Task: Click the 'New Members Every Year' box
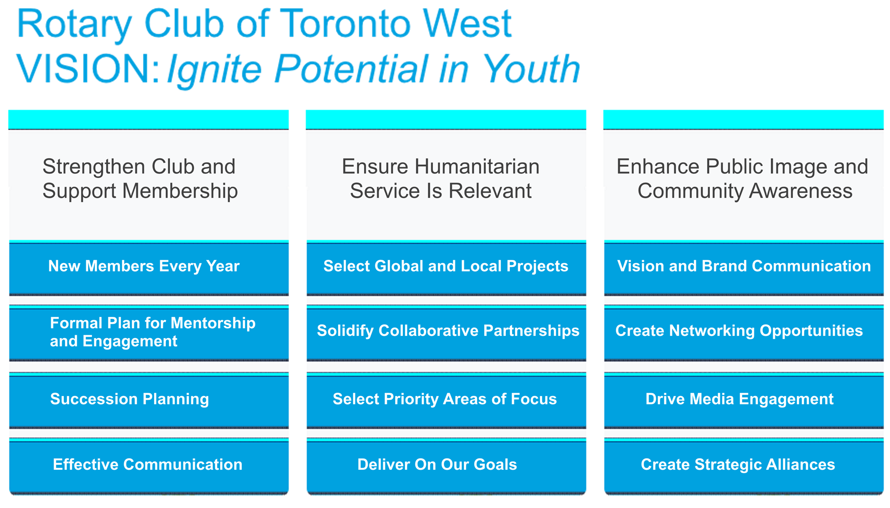coord(149,268)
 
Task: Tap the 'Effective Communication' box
coord(149,466)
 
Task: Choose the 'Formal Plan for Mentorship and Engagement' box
coord(149,333)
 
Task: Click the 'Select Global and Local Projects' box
coord(446,268)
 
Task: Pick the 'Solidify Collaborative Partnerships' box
coord(446,333)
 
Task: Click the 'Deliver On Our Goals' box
coord(446,466)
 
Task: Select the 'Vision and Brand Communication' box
coord(744,268)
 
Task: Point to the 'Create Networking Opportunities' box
coord(744,333)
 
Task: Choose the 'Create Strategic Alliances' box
coord(744,466)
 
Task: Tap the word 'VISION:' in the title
coord(88,69)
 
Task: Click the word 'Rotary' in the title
coord(74,25)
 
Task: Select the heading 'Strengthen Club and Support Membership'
coord(140,179)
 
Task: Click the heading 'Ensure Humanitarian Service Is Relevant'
coord(441,179)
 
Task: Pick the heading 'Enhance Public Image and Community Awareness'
coord(743,179)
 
